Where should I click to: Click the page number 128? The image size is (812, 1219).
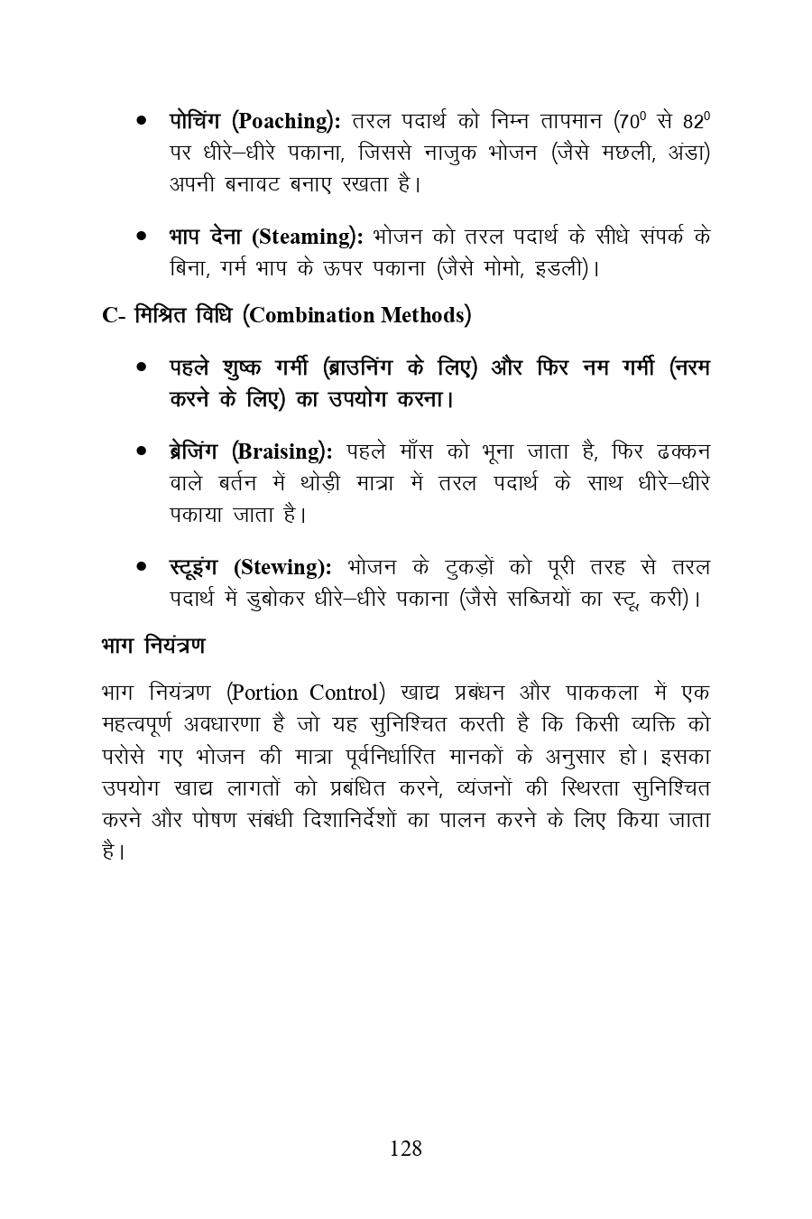405,1149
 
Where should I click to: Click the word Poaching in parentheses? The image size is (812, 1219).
285,121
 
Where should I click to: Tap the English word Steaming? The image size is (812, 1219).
306,237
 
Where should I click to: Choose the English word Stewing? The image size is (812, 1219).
281,567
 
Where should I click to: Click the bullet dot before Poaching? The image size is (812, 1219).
142,121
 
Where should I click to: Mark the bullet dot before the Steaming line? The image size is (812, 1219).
142,237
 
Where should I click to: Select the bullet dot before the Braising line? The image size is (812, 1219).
142,451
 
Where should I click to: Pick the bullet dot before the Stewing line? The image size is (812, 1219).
142,567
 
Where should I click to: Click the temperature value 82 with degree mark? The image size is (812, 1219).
697,120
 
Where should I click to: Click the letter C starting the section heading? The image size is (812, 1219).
110,316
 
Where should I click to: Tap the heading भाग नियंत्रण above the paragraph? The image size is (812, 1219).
152,646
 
